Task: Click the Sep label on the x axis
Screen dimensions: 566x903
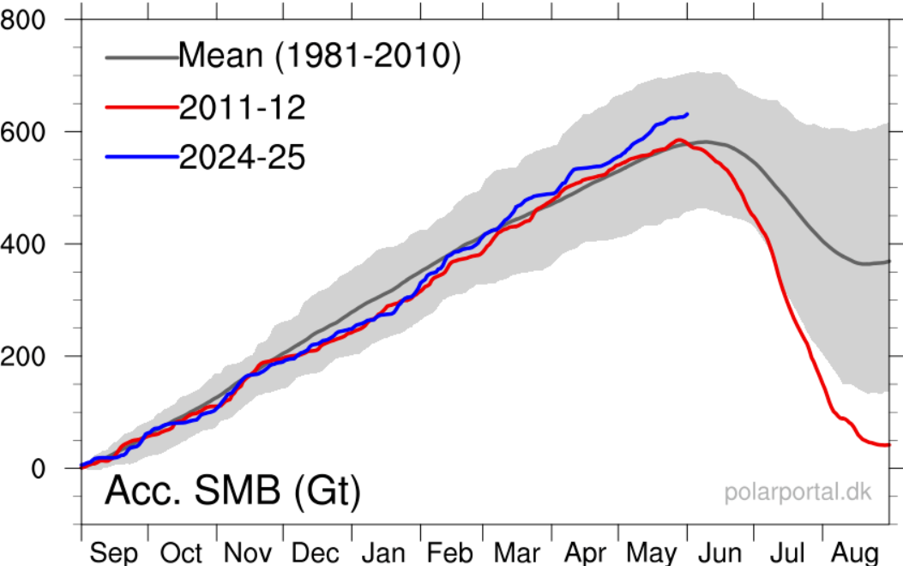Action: coord(113,553)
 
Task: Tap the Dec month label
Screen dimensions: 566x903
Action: coord(316,553)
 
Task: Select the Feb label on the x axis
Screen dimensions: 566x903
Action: coord(451,553)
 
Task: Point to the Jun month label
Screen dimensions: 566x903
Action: coord(719,553)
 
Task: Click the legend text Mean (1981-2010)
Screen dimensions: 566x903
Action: coord(320,57)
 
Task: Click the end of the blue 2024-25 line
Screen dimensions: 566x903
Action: coord(687,114)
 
